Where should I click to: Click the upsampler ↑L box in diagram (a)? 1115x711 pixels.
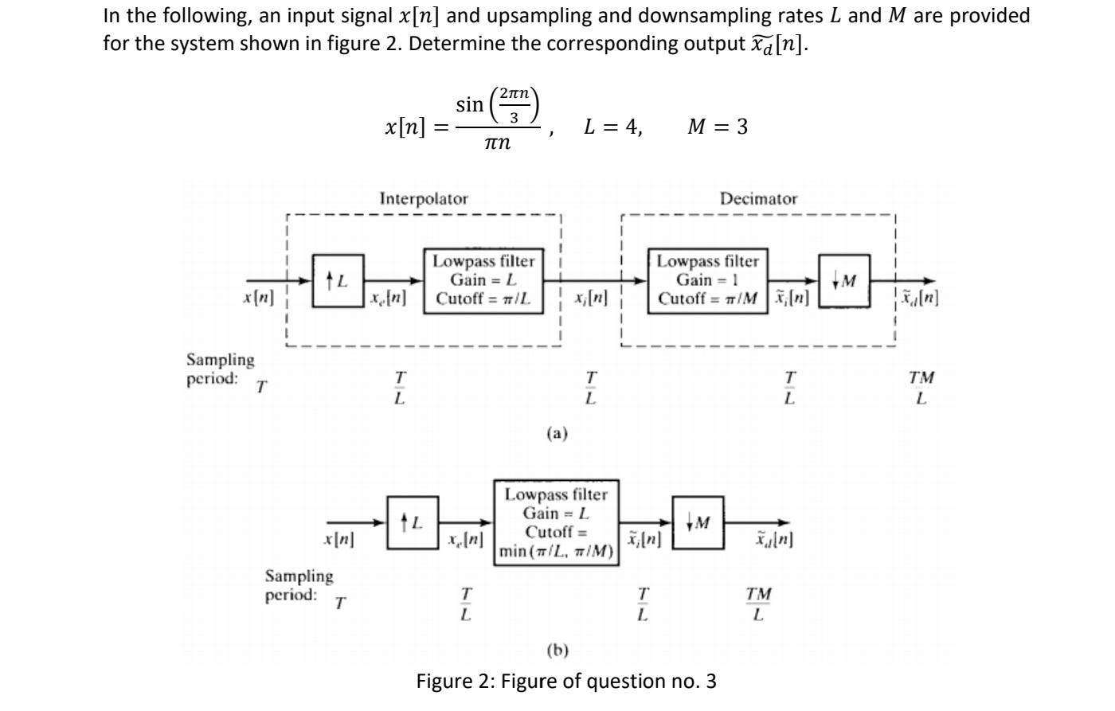pos(338,280)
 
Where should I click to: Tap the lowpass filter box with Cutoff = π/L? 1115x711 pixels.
pos(483,280)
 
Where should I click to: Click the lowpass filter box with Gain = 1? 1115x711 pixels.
pos(708,280)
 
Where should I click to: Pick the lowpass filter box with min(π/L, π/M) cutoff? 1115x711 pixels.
pos(557,522)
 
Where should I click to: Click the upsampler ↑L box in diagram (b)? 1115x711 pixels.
pos(413,522)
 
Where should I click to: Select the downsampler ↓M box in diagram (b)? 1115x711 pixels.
pos(698,522)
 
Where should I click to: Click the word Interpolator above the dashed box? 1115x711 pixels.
pos(424,198)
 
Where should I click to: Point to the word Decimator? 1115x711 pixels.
pos(758,199)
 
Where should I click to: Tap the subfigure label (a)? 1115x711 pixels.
pos(557,433)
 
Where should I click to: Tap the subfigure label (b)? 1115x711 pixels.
pos(557,650)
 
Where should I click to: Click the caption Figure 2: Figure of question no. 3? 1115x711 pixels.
pos(566,682)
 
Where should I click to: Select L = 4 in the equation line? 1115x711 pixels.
pos(612,127)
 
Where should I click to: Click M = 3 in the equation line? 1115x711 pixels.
pos(718,127)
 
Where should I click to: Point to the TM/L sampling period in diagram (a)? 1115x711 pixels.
pos(921,387)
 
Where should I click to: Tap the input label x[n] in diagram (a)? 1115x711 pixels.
pos(258,299)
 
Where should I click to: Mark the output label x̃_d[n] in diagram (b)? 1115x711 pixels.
pos(773,540)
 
